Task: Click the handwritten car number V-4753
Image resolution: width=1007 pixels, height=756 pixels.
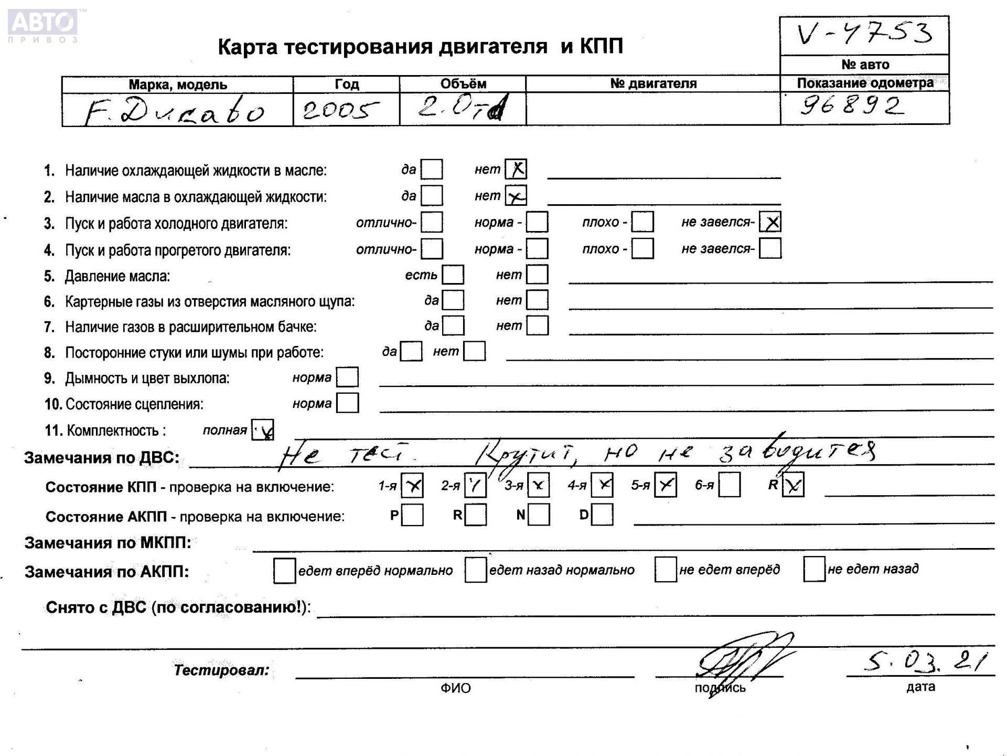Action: click(x=864, y=34)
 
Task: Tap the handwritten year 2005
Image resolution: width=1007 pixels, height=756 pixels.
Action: click(x=340, y=110)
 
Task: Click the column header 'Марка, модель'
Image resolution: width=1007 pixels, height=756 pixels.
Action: click(x=178, y=85)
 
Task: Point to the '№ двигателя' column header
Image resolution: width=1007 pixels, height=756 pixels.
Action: click(x=653, y=83)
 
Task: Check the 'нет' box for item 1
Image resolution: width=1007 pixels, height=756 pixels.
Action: click(x=516, y=169)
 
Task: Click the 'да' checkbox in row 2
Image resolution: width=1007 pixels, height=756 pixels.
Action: click(x=432, y=196)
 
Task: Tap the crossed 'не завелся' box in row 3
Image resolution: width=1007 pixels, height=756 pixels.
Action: click(x=770, y=222)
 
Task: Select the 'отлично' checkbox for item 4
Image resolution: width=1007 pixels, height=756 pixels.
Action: click(x=432, y=249)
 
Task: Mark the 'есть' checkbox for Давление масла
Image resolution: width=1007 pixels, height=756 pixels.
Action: click(x=453, y=275)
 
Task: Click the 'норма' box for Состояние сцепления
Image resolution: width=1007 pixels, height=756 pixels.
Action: click(x=348, y=403)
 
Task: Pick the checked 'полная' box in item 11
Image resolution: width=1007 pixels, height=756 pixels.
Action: click(x=263, y=430)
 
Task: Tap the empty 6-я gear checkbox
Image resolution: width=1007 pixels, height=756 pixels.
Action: click(x=730, y=485)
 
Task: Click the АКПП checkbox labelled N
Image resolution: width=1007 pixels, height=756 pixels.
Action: click(x=539, y=515)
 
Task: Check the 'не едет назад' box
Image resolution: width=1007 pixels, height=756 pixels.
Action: click(x=815, y=570)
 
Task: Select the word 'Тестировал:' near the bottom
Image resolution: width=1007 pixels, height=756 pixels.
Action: click(x=221, y=670)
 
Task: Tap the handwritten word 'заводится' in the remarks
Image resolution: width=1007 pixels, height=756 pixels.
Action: click(x=797, y=451)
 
